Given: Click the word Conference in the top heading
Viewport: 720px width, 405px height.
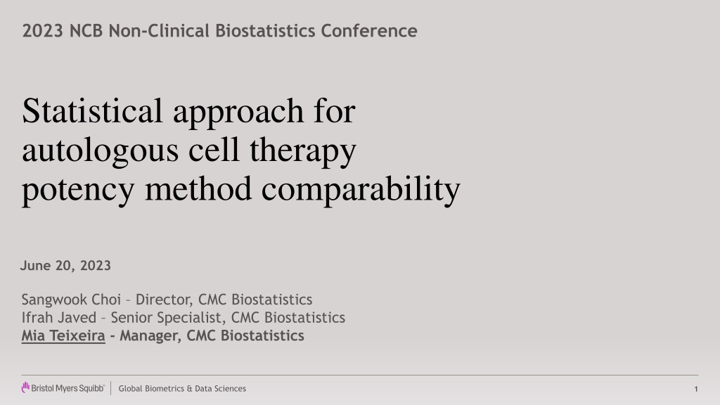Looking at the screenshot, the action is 368,31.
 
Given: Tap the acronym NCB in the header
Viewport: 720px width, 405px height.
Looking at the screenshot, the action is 86,31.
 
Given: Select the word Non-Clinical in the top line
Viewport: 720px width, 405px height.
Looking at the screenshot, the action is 159,31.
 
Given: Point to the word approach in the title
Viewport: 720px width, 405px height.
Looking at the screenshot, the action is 238,112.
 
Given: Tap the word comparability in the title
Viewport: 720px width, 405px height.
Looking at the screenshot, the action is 361,190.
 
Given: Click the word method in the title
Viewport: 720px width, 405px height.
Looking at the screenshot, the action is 198,188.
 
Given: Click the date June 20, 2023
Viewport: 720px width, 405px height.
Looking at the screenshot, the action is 65,266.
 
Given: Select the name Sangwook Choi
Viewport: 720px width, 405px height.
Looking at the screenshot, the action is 71,300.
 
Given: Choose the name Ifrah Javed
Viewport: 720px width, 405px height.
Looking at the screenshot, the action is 59,318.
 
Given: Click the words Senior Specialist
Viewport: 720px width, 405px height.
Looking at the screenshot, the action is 169,318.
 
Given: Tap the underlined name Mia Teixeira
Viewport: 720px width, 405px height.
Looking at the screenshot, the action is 63,335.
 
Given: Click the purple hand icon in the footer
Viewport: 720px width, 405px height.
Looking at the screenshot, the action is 25,387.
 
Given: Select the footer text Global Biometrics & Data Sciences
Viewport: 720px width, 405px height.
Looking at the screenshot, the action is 182,388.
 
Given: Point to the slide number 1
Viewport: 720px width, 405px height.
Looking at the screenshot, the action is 696,389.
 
